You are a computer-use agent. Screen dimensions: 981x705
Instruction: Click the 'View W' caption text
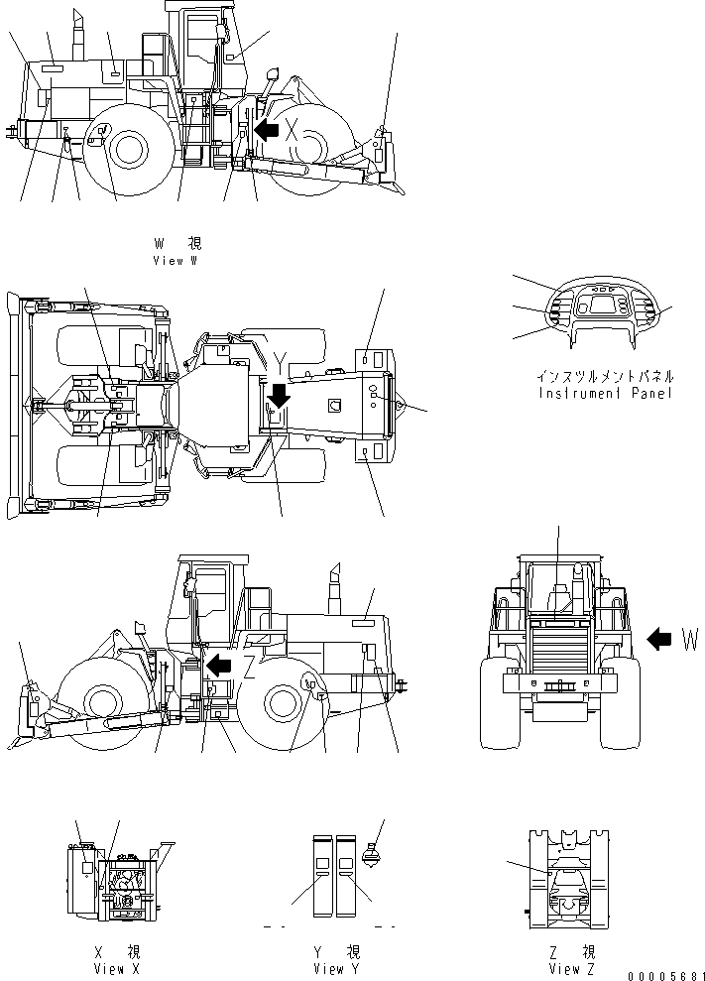[176, 260]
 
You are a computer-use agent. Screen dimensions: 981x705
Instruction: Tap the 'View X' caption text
[116, 968]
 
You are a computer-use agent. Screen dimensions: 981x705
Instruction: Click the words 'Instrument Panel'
[605, 393]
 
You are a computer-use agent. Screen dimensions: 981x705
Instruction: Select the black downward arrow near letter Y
[279, 395]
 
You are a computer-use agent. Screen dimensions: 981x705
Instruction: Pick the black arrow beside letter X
[265, 129]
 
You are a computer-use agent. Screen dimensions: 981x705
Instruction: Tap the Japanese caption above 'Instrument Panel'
[605, 377]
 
